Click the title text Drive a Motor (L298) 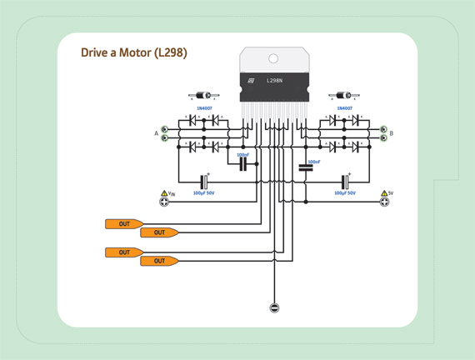coord(133,52)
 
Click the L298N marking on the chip coord(275,81)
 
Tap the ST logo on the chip coord(248,81)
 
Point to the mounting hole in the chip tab coord(272,57)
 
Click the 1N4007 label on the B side coord(343,108)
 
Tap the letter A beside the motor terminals coord(156,133)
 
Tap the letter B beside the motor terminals coord(392,133)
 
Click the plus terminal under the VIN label coord(164,202)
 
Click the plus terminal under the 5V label coord(383,202)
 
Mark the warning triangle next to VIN coord(163,192)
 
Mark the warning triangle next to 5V coord(382,192)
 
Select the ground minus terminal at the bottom coord(273,308)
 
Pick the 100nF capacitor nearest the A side coord(243,165)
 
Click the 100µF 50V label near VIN coord(205,192)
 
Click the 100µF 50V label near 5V coord(344,192)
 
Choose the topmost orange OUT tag coord(122,223)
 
